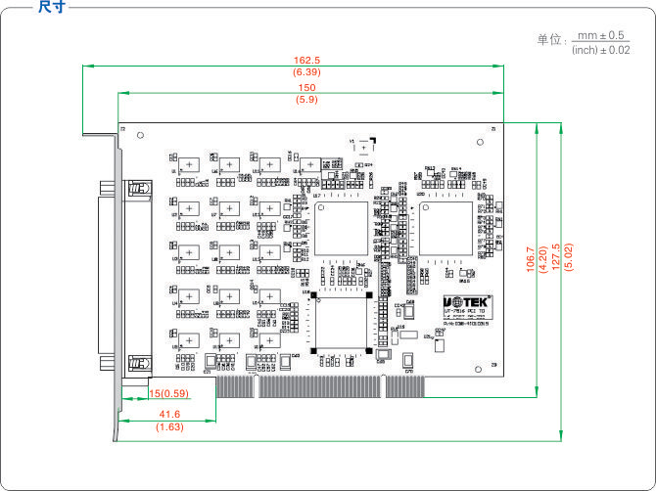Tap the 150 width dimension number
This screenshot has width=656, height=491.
pyautogui.click(x=307, y=88)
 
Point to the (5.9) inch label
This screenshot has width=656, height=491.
pyautogui.click(x=307, y=100)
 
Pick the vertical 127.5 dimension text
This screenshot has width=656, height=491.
pyautogui.click(x=557, y=259)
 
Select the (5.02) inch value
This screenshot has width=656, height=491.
pyautogui.click(x=569, y=259)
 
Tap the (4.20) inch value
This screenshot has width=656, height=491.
pyautogui.click(x=543, y=259)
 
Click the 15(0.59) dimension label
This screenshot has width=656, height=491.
pyautogui.click(x=167, y=393)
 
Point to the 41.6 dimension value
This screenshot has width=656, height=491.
pyautogui.click(x=167, y=415)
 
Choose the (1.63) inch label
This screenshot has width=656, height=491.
pyautogui.click(x=168, y=427)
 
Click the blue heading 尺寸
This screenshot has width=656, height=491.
pyautogui.click(x=51, y=8)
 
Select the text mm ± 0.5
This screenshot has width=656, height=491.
pyautogui.click(x=601, y=35)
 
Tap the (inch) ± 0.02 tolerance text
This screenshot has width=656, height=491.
pyautogui.click(x=600, y=50)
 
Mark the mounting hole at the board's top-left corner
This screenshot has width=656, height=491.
pyautogui.click(x=140, y=136)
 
